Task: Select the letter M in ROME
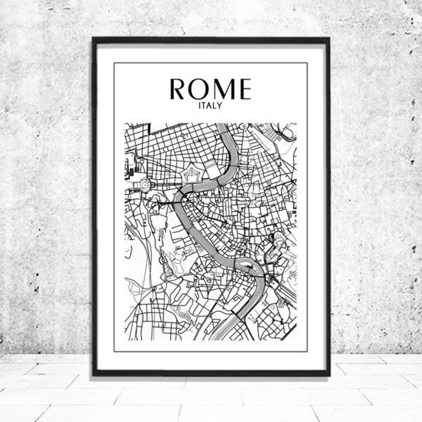pyautogui.click(x=223, y=90)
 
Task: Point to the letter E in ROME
pyautogui.click(x=244, y=90)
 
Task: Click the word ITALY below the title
pyautogui.click(x=210, y=105)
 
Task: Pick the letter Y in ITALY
pyautogui.click(x=220, y=105)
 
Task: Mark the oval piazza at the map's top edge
pyautogui.click(x=244, y=127)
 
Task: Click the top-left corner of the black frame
pyautogui.click(x=94, y=38)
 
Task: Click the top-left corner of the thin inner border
pyautogui.click(x=114, y=63)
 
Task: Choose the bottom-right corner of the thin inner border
pyautogui.click(x=307, y=352)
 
